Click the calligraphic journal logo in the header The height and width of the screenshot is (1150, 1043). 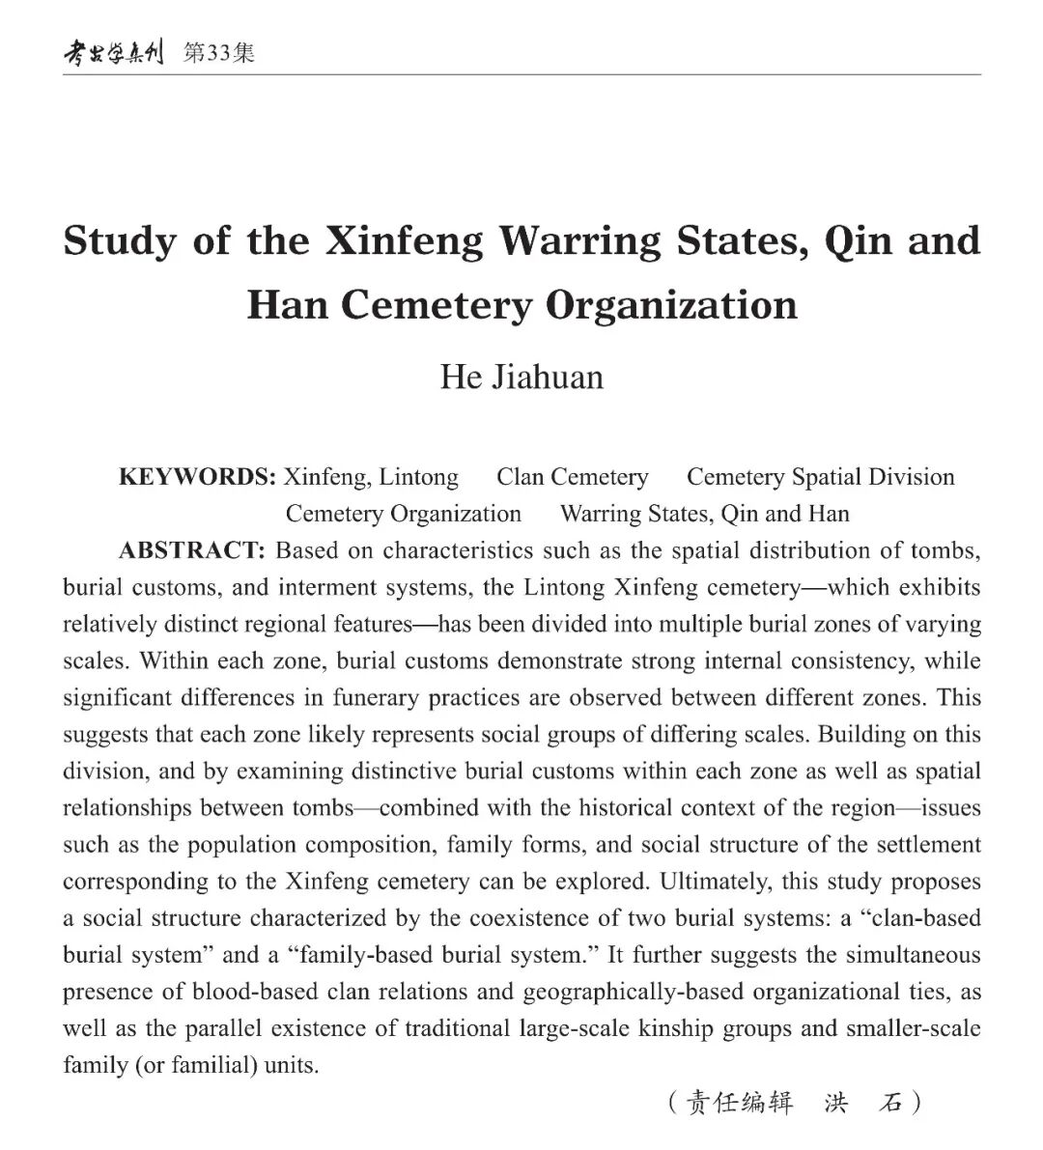pos(113,53)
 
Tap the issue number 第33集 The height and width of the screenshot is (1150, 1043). pos(220,53)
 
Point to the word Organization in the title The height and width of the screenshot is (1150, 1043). pos(671,305)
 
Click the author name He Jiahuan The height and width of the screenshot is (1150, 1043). pos(521,377)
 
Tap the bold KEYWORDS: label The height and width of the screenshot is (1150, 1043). pos(197,477)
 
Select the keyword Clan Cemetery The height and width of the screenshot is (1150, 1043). pos(572,477)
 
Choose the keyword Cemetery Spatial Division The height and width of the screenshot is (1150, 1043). pos(820,477)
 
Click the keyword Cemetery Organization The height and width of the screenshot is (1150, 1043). pos(403,514)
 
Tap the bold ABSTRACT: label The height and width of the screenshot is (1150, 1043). pos(191,550)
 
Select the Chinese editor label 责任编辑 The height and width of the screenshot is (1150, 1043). pos(739,1102)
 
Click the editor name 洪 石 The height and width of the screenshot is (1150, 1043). pos(862,1102)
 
